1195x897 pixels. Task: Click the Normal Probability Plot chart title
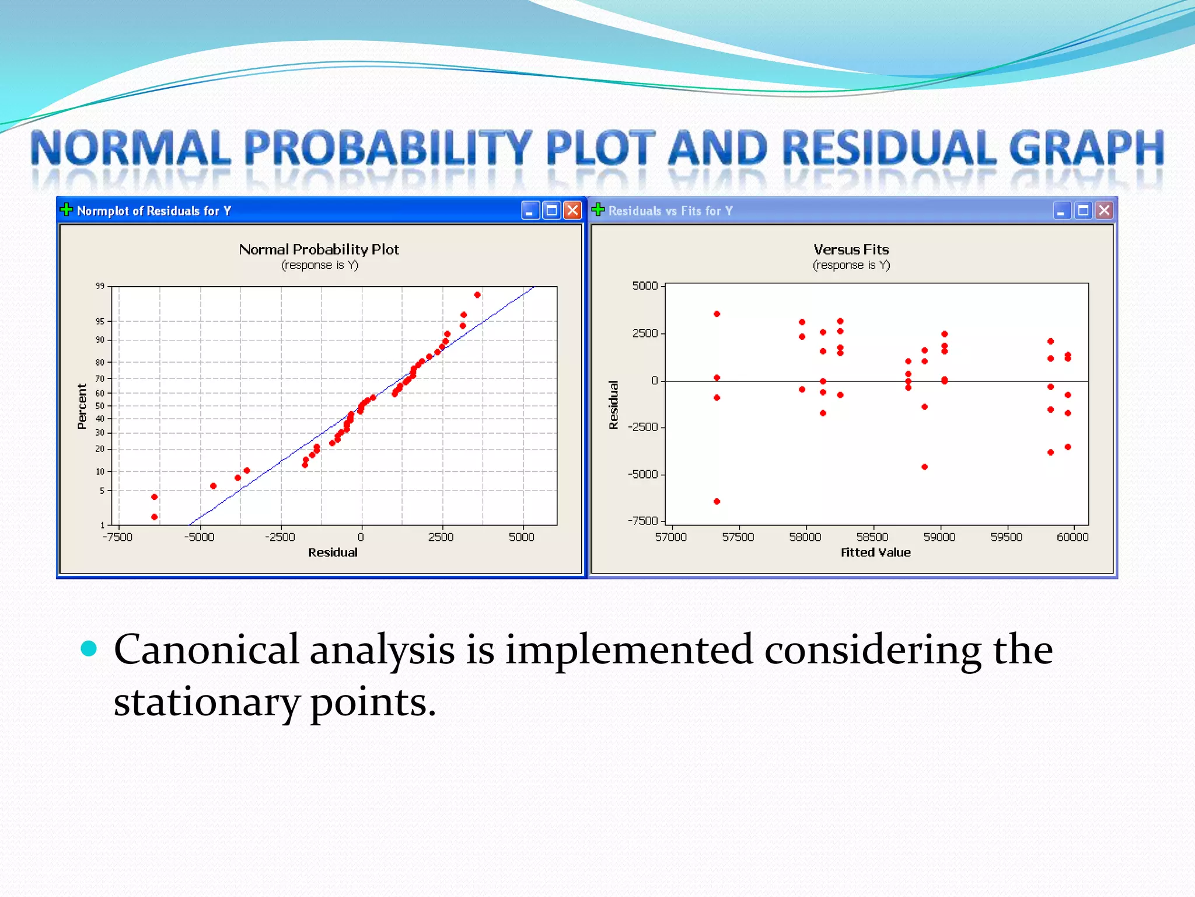point(319,249)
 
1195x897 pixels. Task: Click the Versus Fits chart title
point(851,249)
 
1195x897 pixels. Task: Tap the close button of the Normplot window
point(573,210)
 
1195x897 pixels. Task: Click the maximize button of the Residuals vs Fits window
point(1083,210)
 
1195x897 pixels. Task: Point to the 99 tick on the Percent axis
point(100,286)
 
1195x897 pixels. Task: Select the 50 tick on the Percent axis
point(100,406)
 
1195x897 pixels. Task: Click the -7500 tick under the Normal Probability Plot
point(117,537)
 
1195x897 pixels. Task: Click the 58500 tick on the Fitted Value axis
point(872,537)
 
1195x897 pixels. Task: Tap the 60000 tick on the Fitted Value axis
point(1072,537)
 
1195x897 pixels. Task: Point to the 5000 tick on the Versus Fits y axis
point(645,286)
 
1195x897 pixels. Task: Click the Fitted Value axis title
point(875,552)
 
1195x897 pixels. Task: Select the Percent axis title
point(82,406)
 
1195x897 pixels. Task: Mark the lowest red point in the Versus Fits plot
point(717,501)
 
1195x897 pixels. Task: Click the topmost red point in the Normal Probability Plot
point(477,295)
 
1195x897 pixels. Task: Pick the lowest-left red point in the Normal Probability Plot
point(154,517)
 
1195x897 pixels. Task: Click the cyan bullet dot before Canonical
point(89,648)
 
